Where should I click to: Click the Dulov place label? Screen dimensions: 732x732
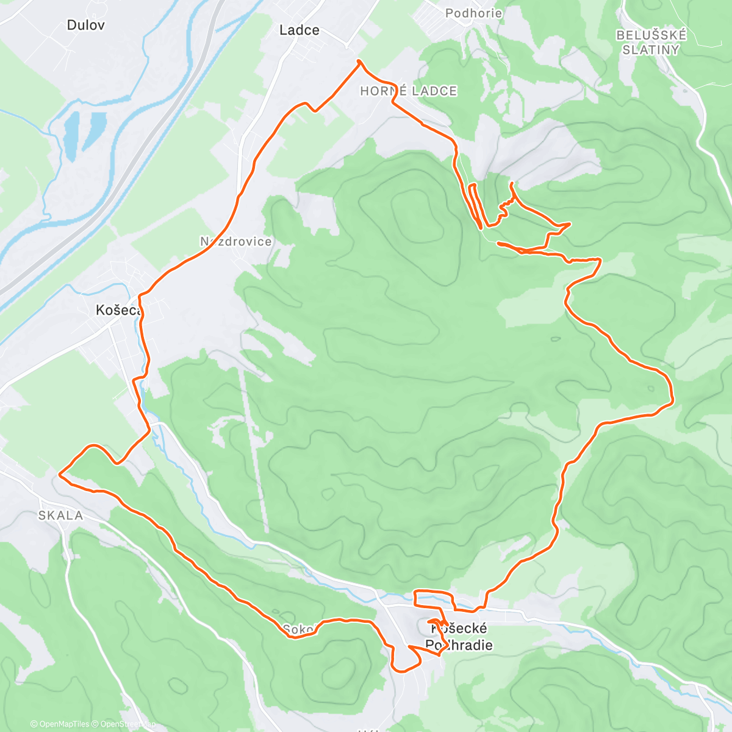tap(85, 26)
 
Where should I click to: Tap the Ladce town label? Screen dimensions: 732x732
tap(299, 30)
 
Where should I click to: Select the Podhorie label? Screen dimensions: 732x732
tap(473, 13)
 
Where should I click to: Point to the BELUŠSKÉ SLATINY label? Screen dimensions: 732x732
tap(651, 43)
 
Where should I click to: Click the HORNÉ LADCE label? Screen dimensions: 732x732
tap(408, 91)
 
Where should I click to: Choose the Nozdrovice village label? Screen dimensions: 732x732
tap(235, 242)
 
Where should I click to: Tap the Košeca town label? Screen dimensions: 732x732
tap(118, 310)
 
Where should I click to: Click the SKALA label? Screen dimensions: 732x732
tap(60, 516)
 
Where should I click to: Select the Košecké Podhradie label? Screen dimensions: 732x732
tap(459, 637)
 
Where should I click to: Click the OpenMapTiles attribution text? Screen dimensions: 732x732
tap(59, 724)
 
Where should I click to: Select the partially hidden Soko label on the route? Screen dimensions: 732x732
tap(298, 629)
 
